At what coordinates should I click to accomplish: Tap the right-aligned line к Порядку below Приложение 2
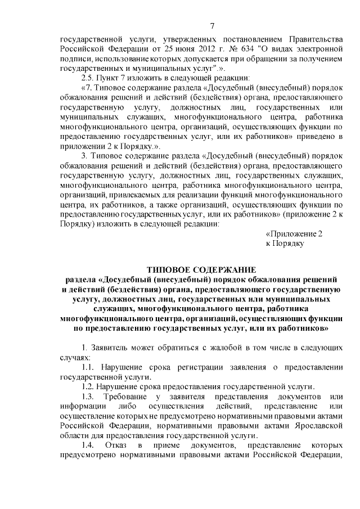coord(285,243)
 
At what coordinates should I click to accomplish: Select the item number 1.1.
coord(88,367)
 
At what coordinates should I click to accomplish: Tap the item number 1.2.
coord(88,387)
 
